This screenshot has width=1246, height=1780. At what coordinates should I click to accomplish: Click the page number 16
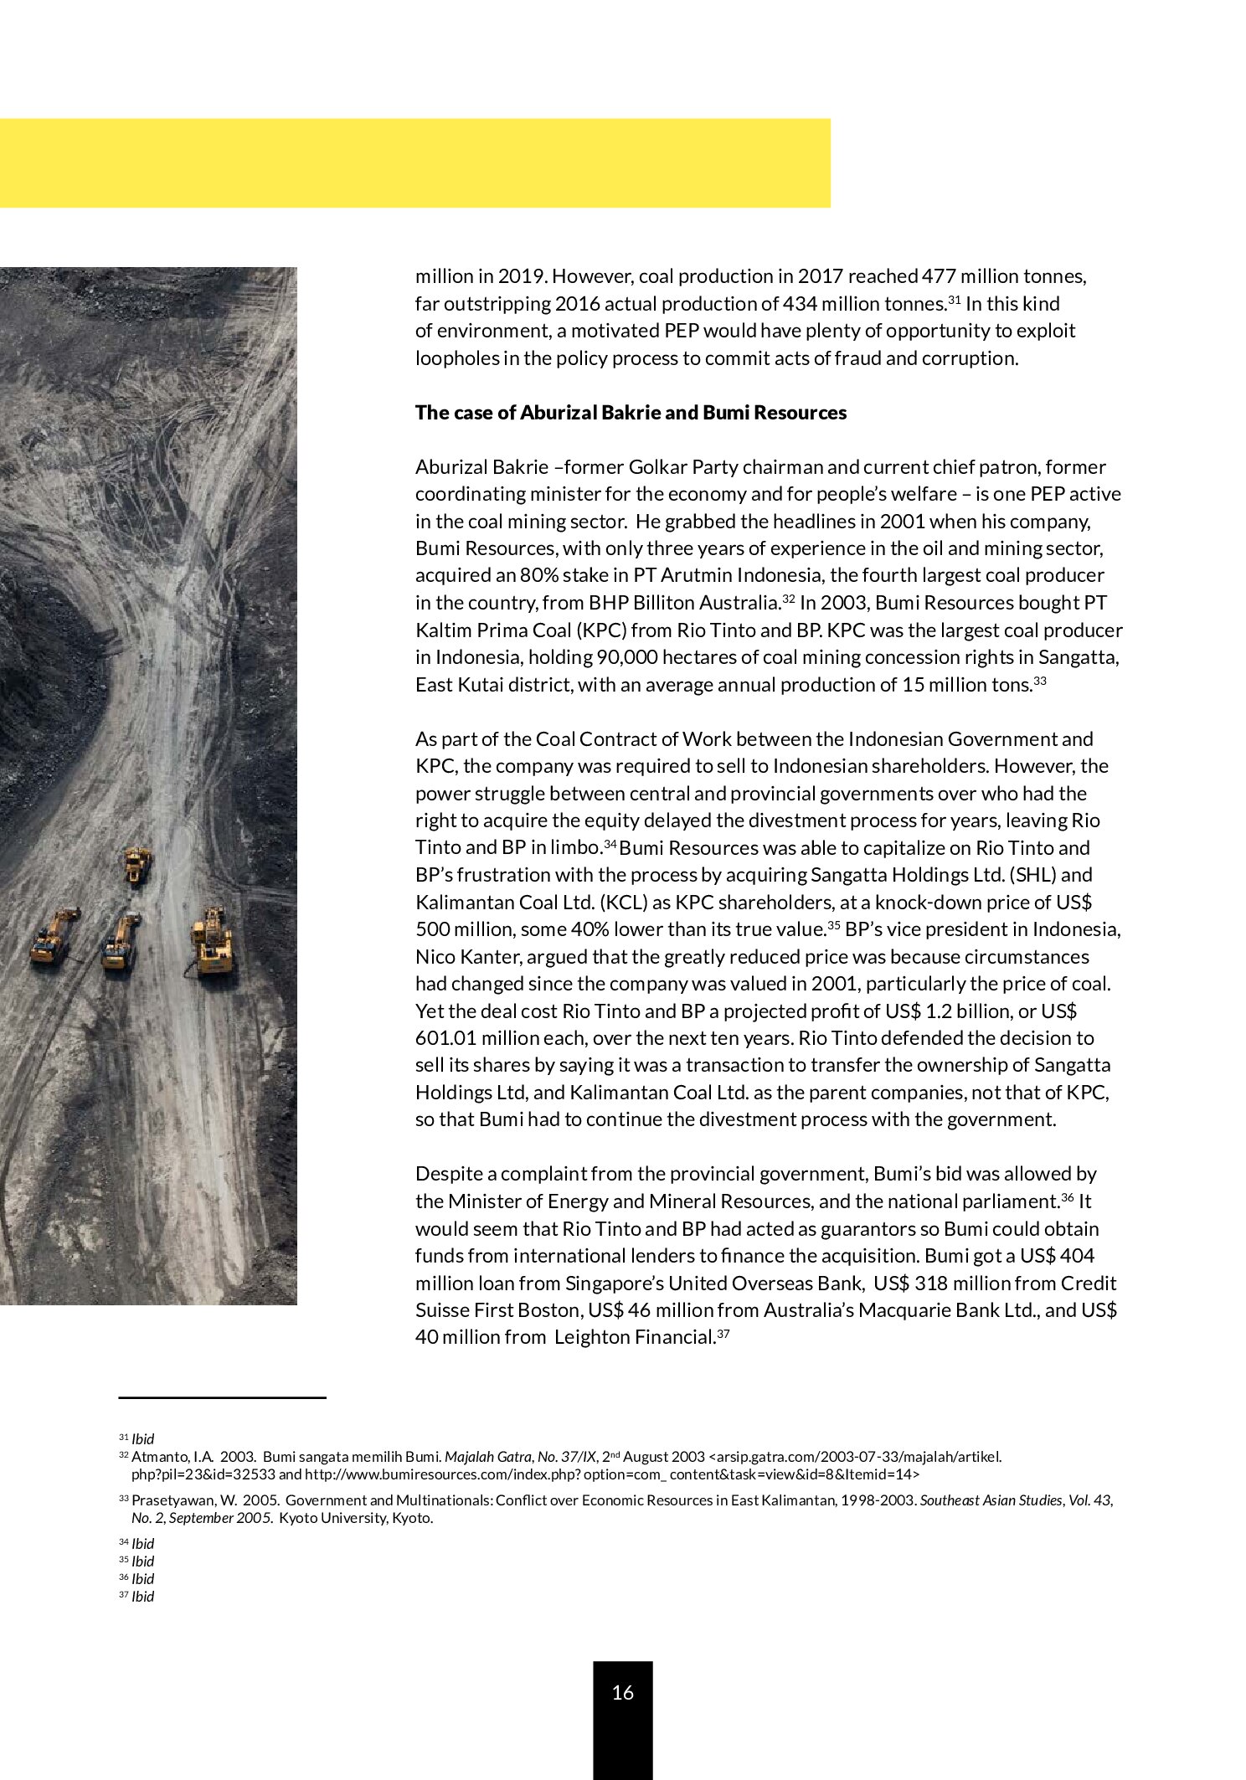tap(622, 1692)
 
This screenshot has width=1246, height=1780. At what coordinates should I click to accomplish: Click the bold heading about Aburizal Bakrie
tap(631, 413)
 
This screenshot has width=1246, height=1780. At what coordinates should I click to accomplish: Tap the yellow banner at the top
tap(414, 162)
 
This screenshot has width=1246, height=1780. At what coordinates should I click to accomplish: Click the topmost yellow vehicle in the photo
tap(138, 863)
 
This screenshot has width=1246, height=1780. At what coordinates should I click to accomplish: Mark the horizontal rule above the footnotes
tap(222, 1397)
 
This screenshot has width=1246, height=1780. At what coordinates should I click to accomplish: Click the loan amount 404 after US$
tap(1078, 1256)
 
